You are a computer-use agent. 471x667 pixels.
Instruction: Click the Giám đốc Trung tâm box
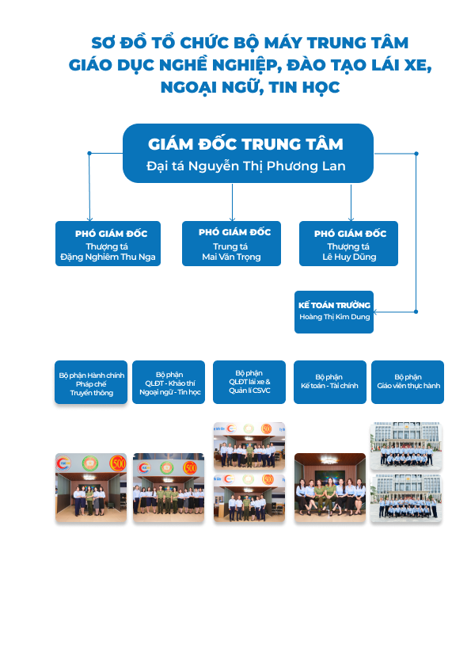coord(248,153)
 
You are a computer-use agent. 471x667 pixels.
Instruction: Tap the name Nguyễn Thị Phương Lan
coord(267,166)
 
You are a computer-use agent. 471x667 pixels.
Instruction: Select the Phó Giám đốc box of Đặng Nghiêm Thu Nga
coord(108,243)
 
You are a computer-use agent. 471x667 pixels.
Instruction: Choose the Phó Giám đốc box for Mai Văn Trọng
coord(231,243)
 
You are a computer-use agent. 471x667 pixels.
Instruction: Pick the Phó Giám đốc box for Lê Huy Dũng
coord(348,243)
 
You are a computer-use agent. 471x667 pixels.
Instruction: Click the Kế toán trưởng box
coord(334,312)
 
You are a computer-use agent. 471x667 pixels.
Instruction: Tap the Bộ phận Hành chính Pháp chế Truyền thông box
coord(91,382)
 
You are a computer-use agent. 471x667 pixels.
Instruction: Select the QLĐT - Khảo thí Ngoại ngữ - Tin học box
coord(169,382)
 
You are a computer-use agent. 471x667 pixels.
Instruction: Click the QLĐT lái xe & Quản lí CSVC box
coord(249,382)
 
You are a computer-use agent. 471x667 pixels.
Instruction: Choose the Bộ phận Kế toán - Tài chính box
coord(330,382)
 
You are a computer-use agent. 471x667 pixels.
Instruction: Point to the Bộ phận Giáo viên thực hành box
coord(408,382)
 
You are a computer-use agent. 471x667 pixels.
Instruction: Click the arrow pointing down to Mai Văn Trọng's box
coord(232,203)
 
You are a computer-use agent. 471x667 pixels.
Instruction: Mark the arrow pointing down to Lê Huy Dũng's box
coord(351,203)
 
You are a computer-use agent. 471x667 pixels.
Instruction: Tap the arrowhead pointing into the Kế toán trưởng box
coord(376,312)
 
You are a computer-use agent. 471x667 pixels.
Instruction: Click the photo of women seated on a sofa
coord(330,487)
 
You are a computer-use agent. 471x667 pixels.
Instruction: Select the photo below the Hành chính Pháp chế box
coord(91,487)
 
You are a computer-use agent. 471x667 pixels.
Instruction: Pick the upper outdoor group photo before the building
coord(406,446)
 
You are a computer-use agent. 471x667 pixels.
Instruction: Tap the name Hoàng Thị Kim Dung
coord(335,317)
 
